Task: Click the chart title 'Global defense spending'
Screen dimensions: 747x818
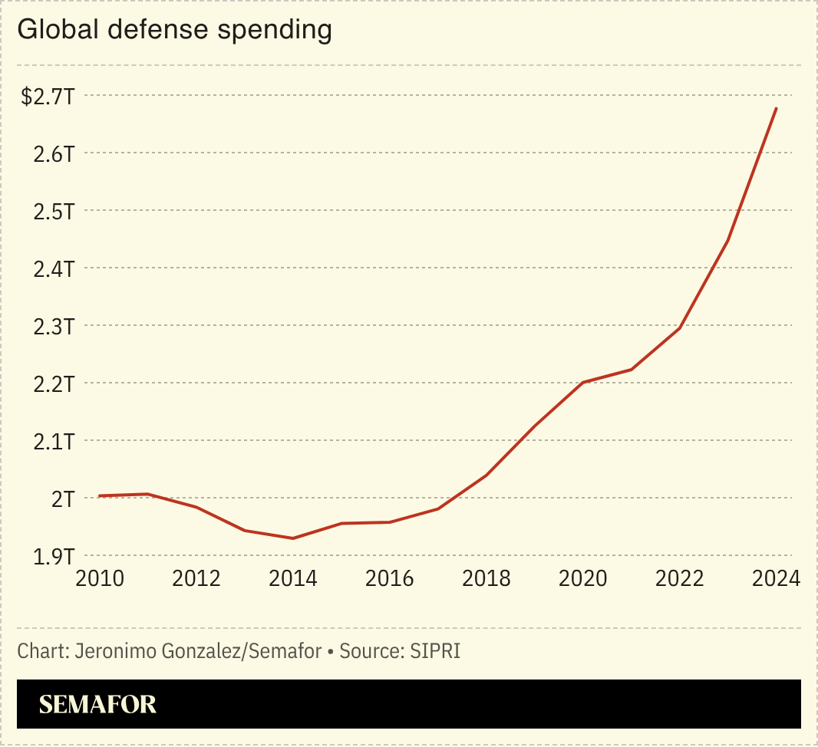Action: (174, 31)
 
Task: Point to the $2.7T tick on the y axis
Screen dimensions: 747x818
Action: (48, 97)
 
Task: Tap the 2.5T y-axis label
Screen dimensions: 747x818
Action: (53, 212)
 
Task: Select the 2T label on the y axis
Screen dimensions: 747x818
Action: (61, 499)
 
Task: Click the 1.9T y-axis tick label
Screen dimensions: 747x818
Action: (53, 557)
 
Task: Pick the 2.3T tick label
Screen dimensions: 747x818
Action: (53, 327)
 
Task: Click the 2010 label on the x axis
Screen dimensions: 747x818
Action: (100, 578)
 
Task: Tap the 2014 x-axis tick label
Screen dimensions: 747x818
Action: (292, 578)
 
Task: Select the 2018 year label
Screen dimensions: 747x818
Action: (486, 578)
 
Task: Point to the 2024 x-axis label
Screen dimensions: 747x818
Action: (775, 578)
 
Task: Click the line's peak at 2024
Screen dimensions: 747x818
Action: (777, 108)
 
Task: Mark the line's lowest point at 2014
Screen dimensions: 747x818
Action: (292, 538)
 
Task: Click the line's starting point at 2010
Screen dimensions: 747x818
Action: (100, 496)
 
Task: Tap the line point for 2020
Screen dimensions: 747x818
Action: (583, 382)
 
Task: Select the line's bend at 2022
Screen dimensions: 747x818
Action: (680, 328)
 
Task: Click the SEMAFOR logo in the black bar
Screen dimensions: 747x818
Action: (97, 705)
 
